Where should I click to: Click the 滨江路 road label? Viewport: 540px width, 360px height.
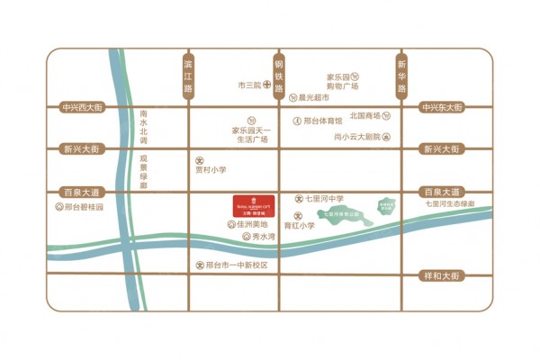[188, 76]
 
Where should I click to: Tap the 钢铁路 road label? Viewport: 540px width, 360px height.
[279, 76]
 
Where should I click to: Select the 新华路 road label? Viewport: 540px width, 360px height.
[401, 76]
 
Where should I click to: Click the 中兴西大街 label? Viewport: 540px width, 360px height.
[85, 107]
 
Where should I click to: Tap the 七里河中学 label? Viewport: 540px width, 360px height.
[325, 197]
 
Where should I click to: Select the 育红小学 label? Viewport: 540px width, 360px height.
[300, 226]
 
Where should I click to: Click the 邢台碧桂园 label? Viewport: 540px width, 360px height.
[83, 207]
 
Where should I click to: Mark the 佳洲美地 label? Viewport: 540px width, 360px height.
[252, 225]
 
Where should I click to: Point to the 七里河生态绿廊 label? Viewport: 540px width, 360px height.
[457, 206]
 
